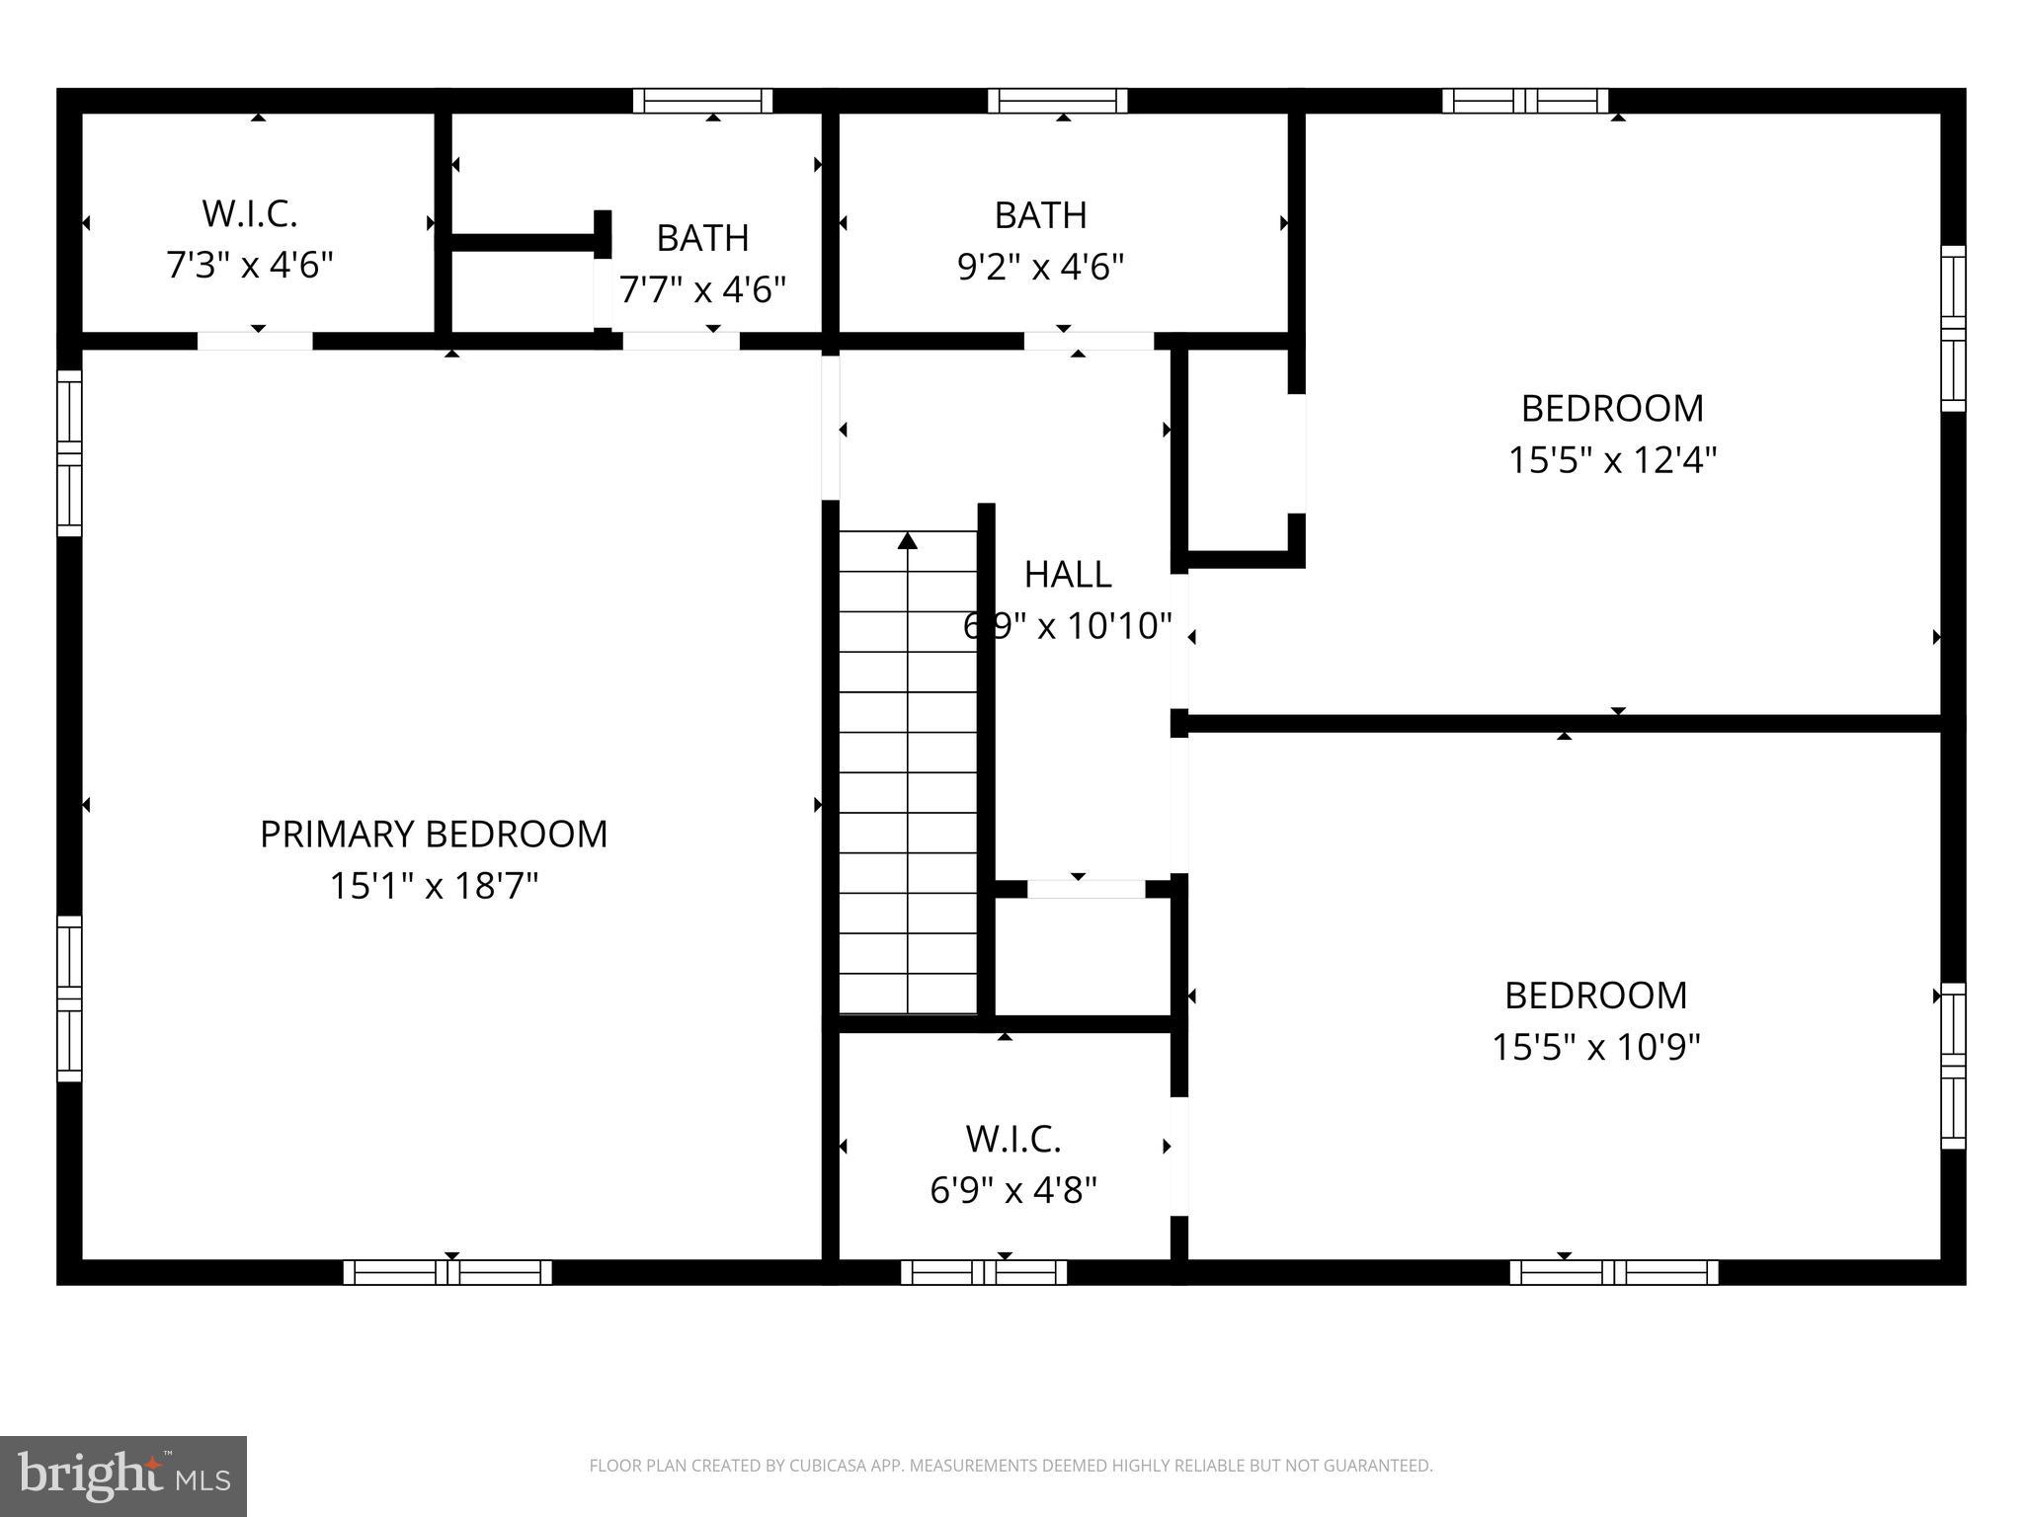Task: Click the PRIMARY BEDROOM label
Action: [433, 835]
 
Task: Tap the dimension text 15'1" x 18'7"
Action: [433, 886]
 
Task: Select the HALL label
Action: [1067, 574]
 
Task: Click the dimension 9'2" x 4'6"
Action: [1040, 267]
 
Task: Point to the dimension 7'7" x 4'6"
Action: [702, 290]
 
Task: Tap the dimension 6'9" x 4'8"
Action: [1013, 1190]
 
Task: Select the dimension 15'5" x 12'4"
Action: [1612, 460]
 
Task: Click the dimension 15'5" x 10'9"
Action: [1595, 1047]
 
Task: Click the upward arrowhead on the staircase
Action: [908, 540]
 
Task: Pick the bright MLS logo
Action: [123, 1476]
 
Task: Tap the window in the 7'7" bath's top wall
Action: [702, 101]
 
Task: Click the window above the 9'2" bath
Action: [1058, 101]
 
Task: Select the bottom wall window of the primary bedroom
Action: [447, 1272]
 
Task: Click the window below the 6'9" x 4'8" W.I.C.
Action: [984, 1272]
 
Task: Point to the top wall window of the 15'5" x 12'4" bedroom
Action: [1525, 101]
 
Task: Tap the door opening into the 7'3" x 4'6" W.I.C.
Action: [255, 342]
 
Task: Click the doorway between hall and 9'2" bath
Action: [1089, 342]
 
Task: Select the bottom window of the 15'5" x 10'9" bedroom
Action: [1613, 1272]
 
